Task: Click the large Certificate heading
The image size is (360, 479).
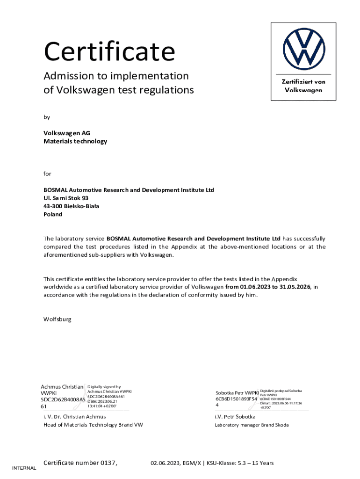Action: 109,51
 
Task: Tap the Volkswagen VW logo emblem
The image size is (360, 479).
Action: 303,48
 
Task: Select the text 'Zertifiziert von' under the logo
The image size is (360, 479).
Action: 303,81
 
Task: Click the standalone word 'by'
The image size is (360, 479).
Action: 47,117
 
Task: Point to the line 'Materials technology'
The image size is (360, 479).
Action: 75,141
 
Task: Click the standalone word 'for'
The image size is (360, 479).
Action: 47,174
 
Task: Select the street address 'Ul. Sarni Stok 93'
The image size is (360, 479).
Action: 66,198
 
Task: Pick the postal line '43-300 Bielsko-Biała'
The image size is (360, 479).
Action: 71,206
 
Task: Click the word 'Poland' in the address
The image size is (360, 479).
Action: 53,214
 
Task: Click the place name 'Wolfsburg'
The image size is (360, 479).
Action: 58,319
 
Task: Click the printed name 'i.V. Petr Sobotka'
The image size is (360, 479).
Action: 235,416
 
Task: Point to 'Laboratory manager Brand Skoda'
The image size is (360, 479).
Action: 252,425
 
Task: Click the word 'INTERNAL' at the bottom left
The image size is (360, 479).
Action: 24,468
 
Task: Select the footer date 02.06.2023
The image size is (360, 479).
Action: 165,463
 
